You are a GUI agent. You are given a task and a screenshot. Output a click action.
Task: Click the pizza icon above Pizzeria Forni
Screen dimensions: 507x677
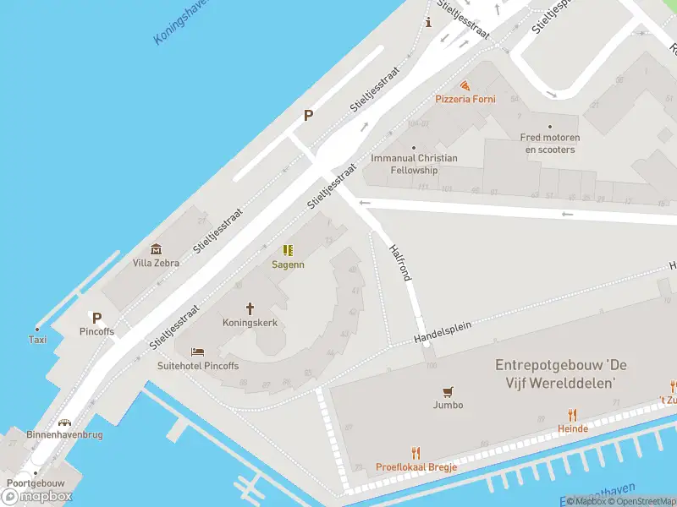[465, 85]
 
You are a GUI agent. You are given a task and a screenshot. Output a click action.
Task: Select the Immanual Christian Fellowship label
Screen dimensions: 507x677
[414, 164]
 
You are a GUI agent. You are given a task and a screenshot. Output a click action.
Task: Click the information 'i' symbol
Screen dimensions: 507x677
[429, 22]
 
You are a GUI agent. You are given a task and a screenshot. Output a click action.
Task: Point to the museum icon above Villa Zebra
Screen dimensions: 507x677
[156, 248]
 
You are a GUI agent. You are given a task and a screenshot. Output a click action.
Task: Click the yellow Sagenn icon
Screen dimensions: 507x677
[288, 250]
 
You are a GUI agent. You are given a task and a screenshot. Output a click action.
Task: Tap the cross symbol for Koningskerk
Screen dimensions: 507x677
[250, 308]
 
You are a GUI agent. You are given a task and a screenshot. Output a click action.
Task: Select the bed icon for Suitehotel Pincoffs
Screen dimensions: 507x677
[197, 352]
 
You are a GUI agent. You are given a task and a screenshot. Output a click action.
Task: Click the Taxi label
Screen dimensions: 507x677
[37, 340]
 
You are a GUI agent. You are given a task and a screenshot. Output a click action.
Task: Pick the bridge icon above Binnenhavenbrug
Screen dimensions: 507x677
[64, 421]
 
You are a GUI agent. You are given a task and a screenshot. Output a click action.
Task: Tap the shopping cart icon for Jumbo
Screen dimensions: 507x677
[448, 391]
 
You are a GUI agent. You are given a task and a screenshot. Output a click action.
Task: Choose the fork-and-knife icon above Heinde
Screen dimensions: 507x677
[573, 415]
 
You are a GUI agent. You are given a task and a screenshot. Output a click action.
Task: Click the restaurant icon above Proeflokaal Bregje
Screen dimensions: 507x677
[416, 453]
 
